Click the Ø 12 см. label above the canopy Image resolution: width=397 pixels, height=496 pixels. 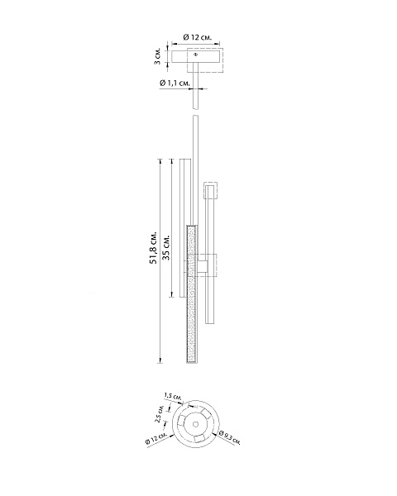pos(197,37)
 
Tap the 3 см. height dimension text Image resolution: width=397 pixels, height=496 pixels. pos(157,56)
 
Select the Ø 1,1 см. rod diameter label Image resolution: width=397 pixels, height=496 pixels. pos(175,83)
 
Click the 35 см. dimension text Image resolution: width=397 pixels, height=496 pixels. pos(166,247)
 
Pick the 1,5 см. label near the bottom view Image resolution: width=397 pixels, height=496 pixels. pos(173,396)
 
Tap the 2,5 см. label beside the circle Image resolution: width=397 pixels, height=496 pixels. pos(159,413)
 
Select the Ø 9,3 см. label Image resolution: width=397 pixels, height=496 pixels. pos(230,437)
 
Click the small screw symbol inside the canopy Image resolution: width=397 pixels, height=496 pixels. pos(195,55)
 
